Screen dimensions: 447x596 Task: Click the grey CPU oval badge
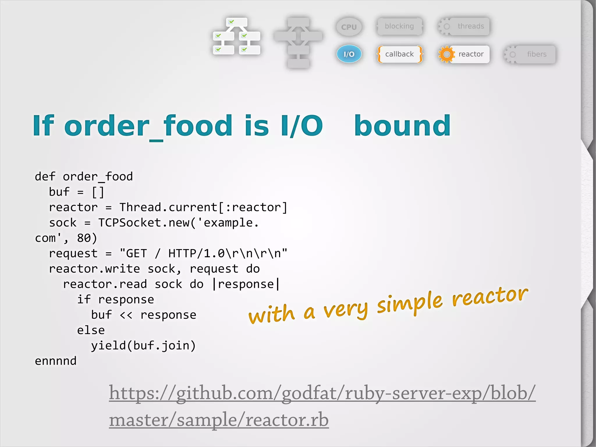(x=349, y=27)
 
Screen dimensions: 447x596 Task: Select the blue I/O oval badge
(x=349, y=54)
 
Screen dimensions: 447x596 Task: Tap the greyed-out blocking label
(x=399, y=26)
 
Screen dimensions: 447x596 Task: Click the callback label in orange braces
(x=399, y=54)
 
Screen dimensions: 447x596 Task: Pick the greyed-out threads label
(x=471, y=26)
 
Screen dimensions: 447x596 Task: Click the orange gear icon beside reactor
(x=446, y=54)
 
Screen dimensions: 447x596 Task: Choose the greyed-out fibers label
(x=536, y=54)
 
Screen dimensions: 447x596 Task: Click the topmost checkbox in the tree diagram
(x=231, y=22)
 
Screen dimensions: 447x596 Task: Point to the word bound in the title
(x=402, y=126)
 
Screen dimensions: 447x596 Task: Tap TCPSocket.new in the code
(x=144, y=223)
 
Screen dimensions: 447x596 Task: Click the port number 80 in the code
(x=84, y=238)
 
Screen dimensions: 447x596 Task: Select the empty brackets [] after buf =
(x=98, y=192)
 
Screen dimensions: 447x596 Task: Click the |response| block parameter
(x=246, y=284)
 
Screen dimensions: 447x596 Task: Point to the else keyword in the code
(x=91, y=330)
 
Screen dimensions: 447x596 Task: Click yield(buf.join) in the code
(x=143, y=346)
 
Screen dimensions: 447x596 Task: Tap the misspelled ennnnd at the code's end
(x=56, y=361)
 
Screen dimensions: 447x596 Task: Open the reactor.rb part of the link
(x=287, y=420)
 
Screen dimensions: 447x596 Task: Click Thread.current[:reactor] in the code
(x=203, y=207)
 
